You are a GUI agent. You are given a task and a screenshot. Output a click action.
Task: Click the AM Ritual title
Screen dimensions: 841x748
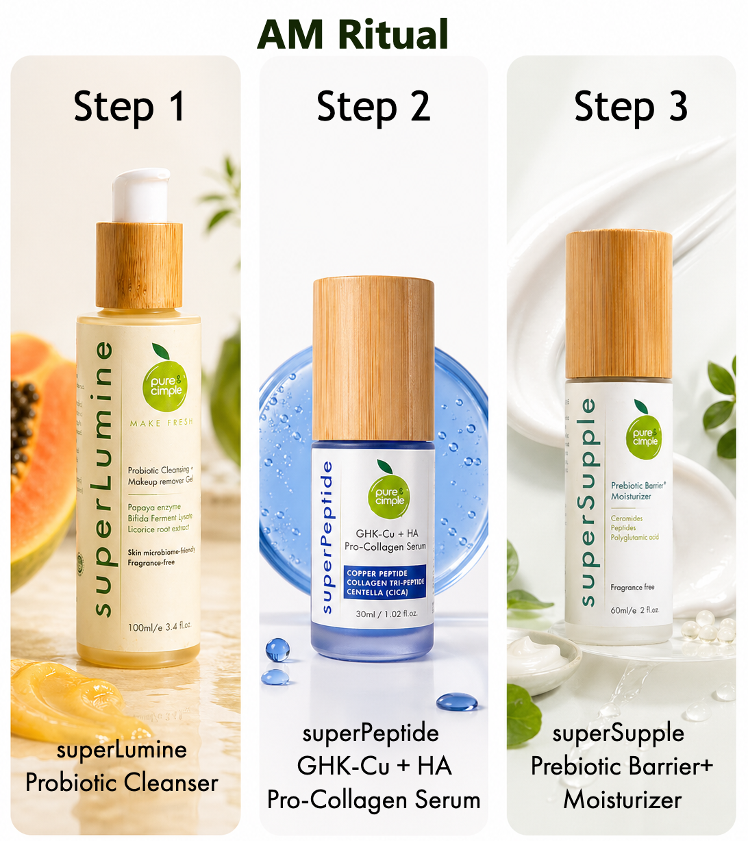(353, 34)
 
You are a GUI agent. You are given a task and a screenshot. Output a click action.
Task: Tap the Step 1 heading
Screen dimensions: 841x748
(129, 107)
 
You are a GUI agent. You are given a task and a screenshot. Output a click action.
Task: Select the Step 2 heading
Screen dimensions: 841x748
(373, 107)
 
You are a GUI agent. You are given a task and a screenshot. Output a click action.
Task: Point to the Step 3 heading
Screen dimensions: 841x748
(630, 107)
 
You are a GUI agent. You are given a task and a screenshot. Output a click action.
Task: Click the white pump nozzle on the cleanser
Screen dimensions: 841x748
(140, 195)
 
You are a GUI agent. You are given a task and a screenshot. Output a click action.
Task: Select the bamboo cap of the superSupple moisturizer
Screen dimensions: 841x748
(618, 304)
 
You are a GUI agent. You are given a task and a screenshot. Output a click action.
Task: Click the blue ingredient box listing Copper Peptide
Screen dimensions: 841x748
(385, 583)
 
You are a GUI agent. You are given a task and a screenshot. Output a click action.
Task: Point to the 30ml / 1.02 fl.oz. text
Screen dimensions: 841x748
(386, 614)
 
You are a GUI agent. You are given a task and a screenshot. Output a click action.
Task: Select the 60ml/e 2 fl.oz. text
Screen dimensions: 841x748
(634, 610)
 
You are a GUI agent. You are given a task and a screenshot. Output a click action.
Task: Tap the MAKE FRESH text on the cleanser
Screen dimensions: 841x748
(162, 423)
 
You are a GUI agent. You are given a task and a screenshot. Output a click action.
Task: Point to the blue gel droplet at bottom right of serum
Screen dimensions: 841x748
(456, 701)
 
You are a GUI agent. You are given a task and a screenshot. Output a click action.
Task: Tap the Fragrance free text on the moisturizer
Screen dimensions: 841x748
(632, 587)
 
